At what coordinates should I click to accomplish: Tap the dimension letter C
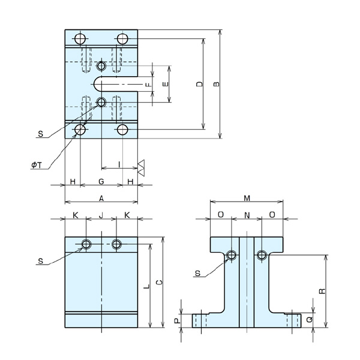tap(157, 282)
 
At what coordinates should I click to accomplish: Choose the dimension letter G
tap(101, 180)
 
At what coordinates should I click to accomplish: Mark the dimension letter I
tap(119, 164)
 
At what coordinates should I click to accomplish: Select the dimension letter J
tap(101, 214)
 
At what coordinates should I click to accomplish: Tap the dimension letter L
tap(146, 287)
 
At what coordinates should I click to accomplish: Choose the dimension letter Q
tap(308, 320)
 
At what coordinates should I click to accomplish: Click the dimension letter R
tap(322, 291)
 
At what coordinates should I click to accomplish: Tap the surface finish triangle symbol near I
tap(141, 167)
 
